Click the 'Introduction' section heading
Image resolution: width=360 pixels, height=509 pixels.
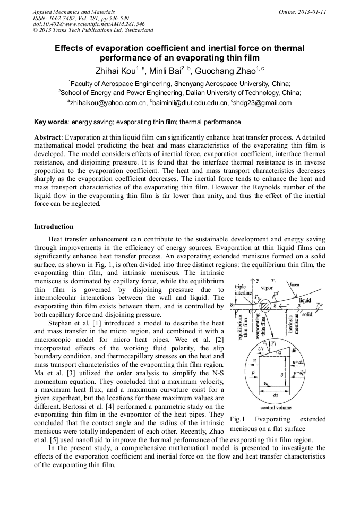point(54,227)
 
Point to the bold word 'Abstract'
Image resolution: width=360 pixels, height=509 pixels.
point(47,137)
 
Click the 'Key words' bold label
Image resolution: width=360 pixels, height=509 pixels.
point(51,122)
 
